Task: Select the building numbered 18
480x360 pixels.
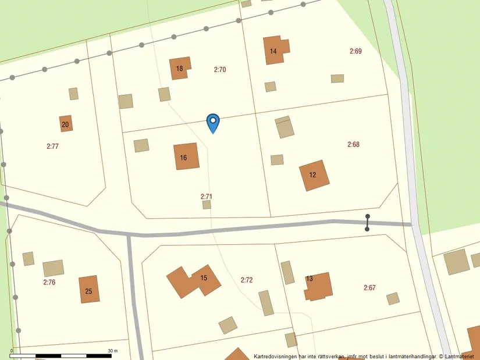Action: [180, 68]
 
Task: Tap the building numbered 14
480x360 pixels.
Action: [275, 50]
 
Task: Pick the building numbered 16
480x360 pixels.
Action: [186, 156]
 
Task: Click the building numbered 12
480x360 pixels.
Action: [314, 175]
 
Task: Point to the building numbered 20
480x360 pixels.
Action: [66, 123]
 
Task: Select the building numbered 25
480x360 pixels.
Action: [89, 290]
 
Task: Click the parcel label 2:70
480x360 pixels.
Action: [220, 70]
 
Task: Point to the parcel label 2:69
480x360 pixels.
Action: [355, 51]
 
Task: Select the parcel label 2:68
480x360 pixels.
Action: [353, 144]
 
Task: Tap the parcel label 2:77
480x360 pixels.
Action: [52, 146]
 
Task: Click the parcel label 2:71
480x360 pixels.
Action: [207, 197]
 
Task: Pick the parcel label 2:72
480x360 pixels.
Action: [247, 280]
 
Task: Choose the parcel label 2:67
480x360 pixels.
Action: [369, 287]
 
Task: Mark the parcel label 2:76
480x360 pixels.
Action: [49, 282]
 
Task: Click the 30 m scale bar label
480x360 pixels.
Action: [112, 351]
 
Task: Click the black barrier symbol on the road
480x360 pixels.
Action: [367, 223]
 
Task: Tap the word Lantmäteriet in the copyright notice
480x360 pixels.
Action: [461, 355]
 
